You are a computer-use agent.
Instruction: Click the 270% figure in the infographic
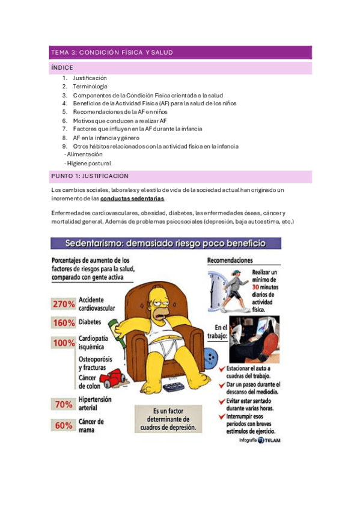64,304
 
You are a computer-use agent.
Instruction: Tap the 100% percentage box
64,343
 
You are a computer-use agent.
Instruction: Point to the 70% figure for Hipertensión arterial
64,404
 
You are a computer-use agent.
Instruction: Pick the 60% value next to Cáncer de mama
64,425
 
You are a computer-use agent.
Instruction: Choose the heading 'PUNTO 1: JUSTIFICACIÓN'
91,176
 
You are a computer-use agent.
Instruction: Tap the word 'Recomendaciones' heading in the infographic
230,261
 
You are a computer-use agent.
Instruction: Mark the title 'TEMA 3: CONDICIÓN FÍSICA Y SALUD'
112,52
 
